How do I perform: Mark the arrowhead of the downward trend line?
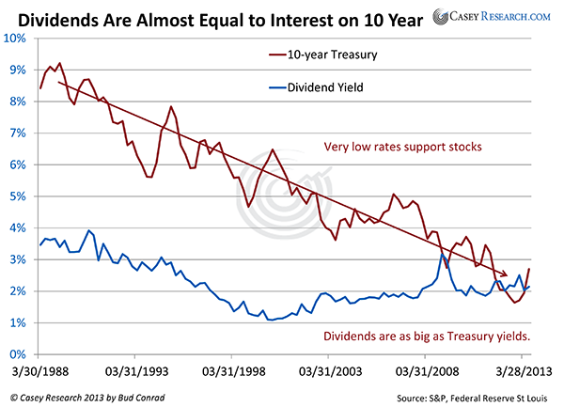tap(509, 276)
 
